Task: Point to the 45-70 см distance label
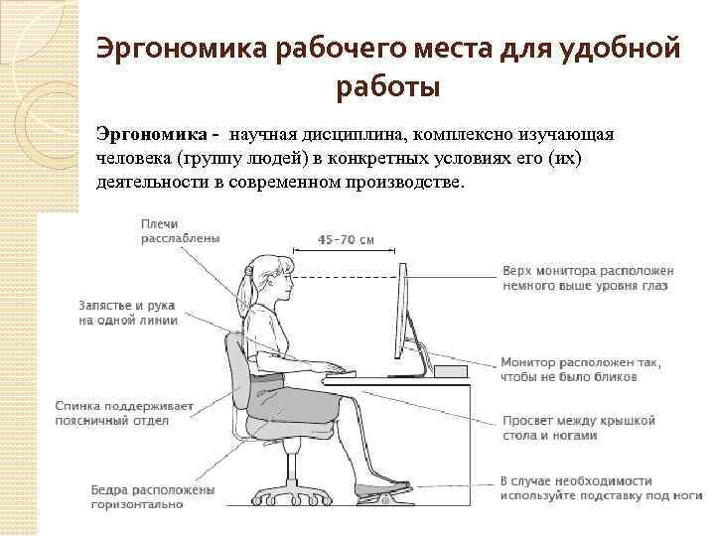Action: (348, 238)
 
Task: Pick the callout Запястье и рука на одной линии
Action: (128, 313)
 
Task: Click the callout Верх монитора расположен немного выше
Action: (589, 277)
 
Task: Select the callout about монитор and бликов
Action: (582, 369)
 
